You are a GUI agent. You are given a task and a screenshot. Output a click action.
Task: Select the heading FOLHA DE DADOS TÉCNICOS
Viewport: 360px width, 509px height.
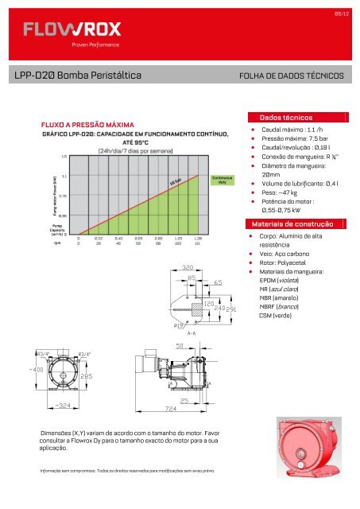(x=292, y=76)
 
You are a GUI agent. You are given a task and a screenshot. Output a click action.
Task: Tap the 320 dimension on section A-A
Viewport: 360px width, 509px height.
(x=188, y=268)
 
